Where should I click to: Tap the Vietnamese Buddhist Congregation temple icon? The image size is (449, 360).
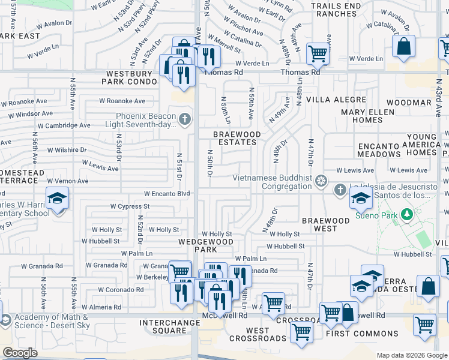click(322, 181)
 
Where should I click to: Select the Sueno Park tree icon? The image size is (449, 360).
click(407, 214)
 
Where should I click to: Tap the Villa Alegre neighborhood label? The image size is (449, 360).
click(336, 99)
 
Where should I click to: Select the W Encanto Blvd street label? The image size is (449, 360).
click(167, 194)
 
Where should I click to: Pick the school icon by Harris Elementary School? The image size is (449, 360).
click(58, 199)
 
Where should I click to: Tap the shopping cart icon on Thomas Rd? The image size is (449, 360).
click(318, 53)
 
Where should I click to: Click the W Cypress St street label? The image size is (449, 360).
click(129, 206)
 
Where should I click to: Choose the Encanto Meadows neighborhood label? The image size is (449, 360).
click(388, 150)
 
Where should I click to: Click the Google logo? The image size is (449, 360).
click(20, 353)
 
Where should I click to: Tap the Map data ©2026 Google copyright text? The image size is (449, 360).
click(412, 355)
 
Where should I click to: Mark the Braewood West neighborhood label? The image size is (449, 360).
click(326, 224)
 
